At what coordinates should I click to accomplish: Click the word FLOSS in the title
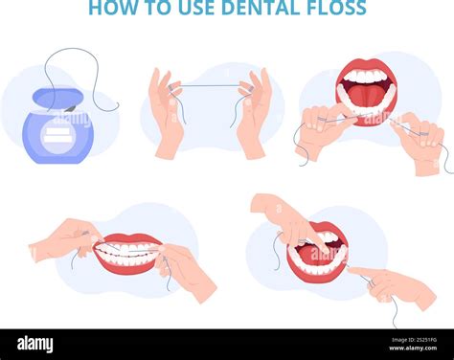[336, 7]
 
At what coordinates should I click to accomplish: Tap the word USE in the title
[196, 7]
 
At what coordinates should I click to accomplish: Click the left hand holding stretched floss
[168, 112]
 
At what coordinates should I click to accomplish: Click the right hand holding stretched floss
[254, 113]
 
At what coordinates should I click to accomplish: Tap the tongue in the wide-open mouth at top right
[367, 97]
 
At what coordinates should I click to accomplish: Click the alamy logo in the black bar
[35, 345]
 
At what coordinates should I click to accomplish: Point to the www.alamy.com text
[413, 348]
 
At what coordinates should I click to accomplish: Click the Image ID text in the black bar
[414, 340]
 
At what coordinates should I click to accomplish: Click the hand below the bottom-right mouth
[395, 285]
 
